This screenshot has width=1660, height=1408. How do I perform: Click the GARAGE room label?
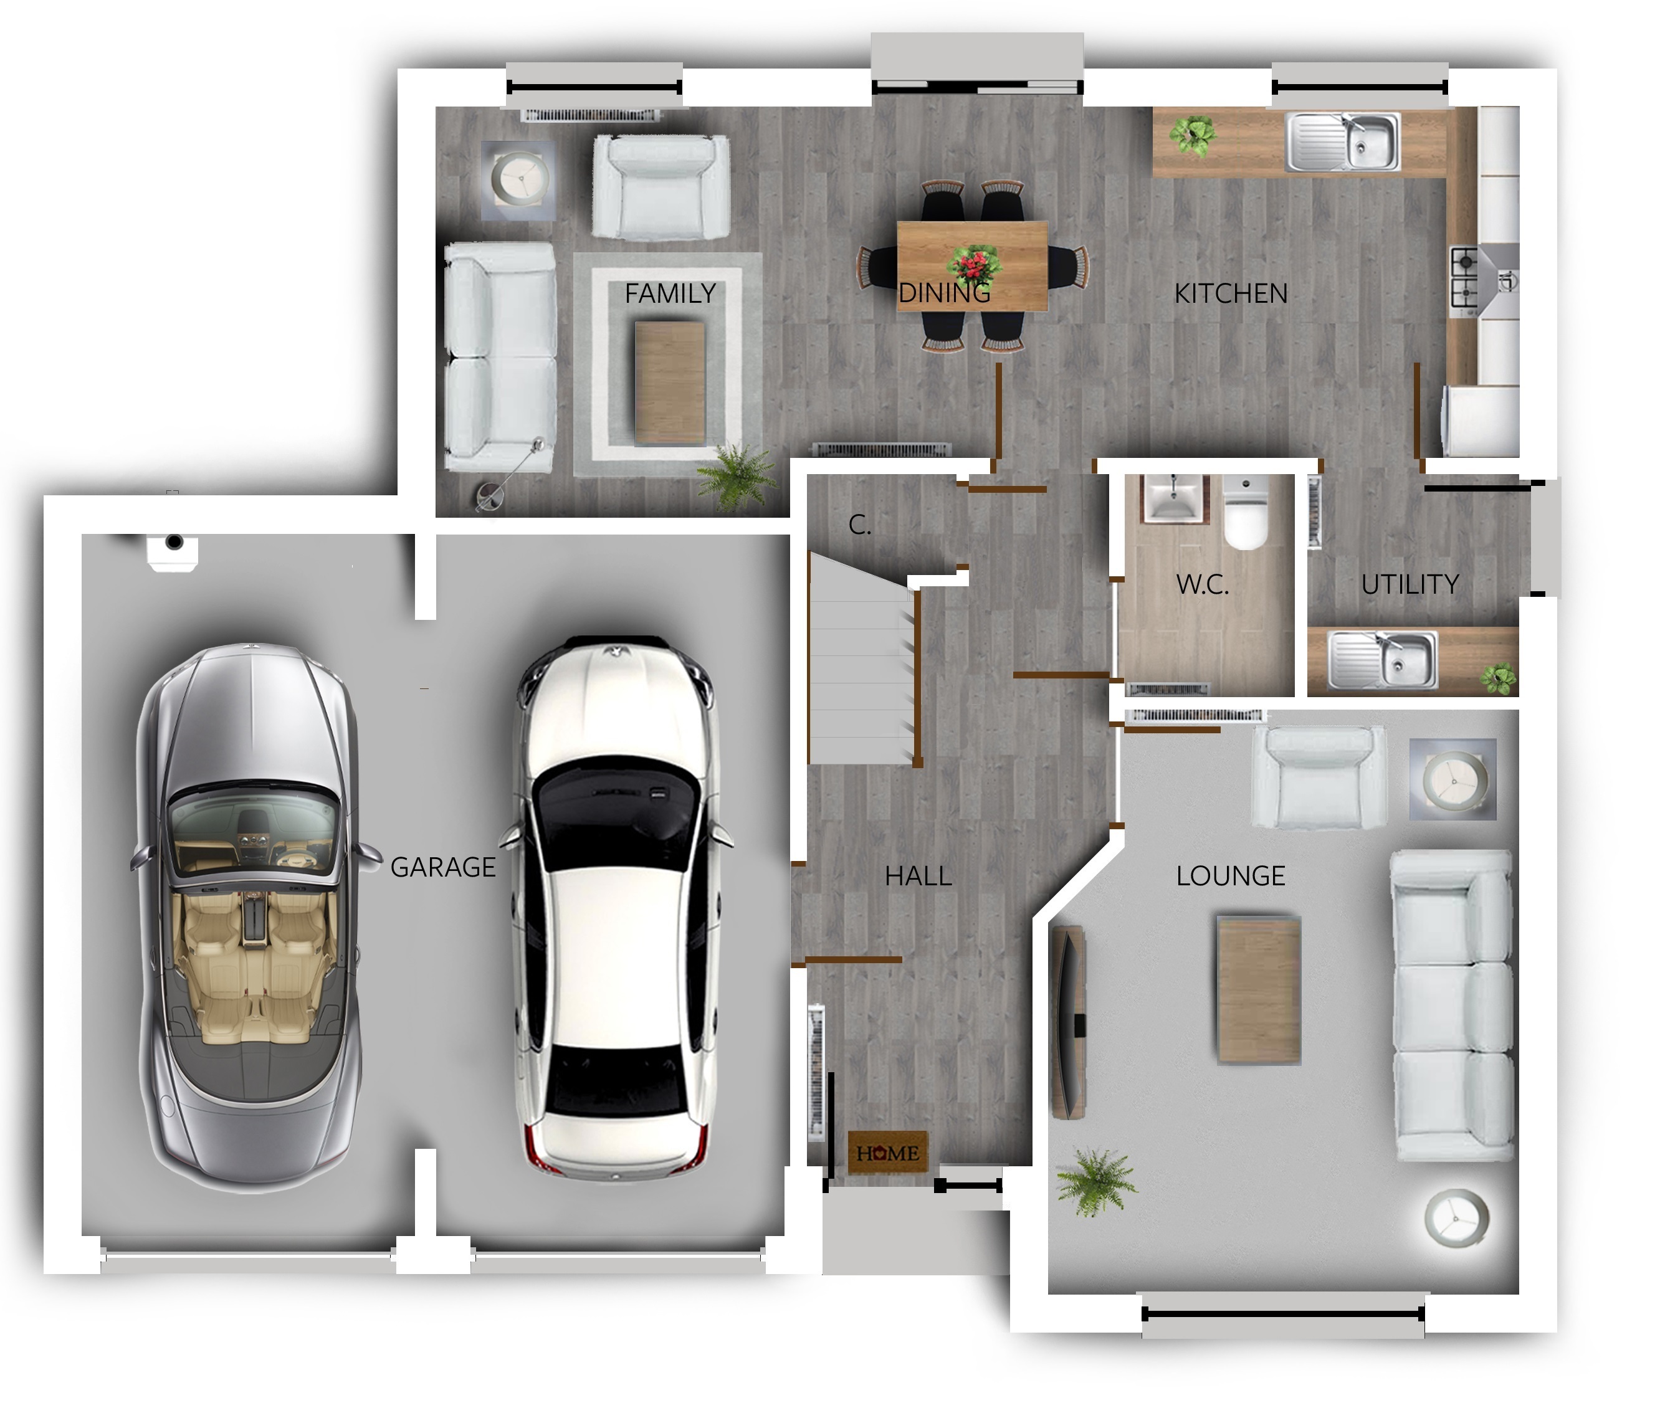[442, 867]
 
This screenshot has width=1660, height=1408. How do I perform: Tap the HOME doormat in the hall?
[887, 1153]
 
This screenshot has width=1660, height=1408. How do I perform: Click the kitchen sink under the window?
[1342, 142]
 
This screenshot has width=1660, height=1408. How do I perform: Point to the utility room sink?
[1382, 659]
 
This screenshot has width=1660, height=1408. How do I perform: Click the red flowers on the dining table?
[973, 264]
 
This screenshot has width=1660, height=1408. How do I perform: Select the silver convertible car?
[250, 918]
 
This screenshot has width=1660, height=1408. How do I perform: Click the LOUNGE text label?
[1231, 875]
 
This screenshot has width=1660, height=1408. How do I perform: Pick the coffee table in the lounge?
[1258, 991]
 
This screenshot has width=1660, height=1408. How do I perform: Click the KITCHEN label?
[1231, 293]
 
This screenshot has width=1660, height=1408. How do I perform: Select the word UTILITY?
[1410, 584]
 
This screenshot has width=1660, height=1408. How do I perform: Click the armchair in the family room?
[661, 188]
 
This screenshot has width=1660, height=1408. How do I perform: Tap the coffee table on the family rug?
[669, 383]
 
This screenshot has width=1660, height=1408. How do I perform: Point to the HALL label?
[918, 877]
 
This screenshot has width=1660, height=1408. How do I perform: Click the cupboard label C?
[859, 525]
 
